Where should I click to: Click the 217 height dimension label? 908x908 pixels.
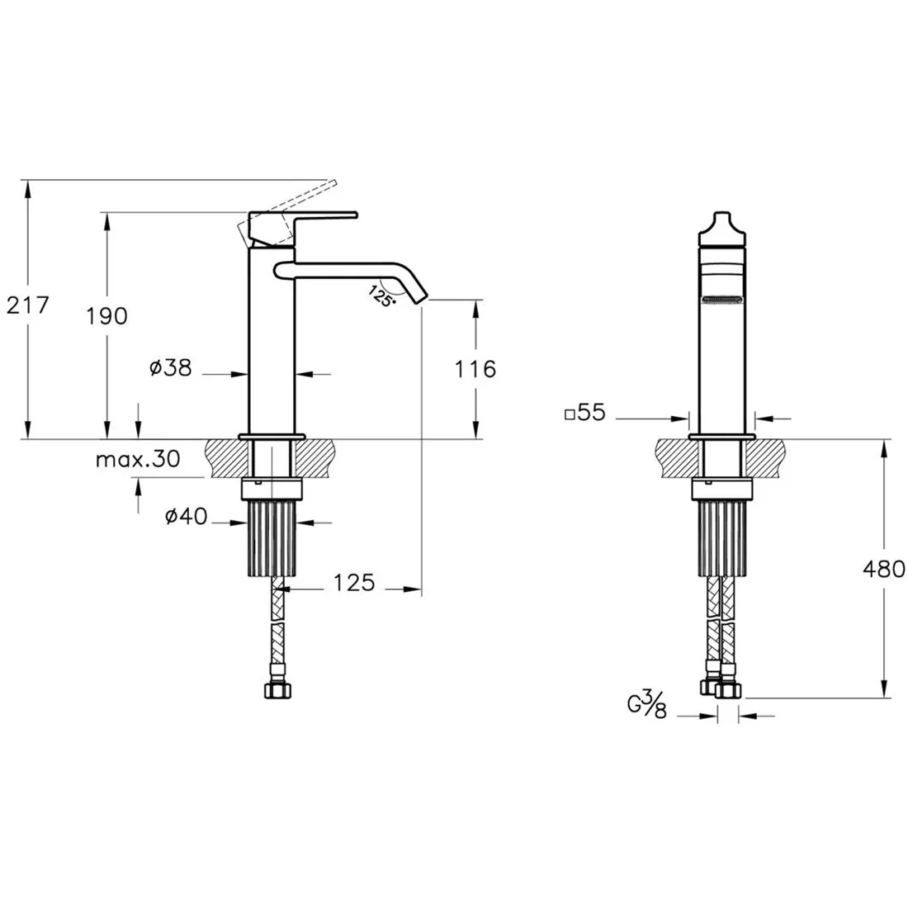[x=28, y=305]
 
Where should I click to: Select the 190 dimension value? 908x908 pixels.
[x=107, y=315]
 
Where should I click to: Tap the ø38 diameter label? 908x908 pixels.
[x=170, y=367]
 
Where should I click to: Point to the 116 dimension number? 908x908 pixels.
[x=475, y=369]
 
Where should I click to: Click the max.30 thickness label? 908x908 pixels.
[x=138, y=459]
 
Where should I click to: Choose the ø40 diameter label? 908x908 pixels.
[x=186, y=515]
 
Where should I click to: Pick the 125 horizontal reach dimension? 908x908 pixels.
[x=354, y=583]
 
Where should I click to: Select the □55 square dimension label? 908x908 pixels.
[x=585, y=412]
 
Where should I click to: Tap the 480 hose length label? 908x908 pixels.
[x=884, y=569]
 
